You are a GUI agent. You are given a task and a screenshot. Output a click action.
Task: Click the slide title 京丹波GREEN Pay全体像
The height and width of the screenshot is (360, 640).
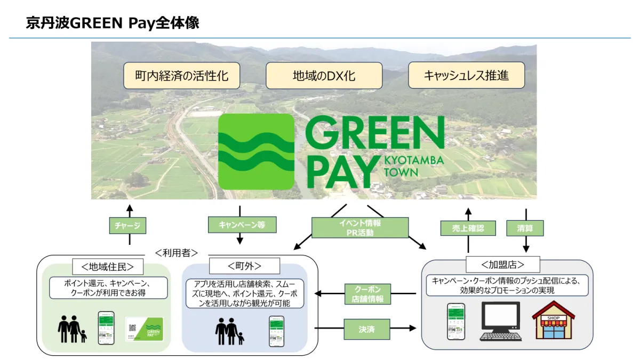(x=113, y=24)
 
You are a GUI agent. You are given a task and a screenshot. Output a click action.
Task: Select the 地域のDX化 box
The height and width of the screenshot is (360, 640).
(x=324, y=76)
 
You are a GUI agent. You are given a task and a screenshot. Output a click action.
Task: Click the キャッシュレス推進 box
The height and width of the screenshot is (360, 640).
(x=466, y=76)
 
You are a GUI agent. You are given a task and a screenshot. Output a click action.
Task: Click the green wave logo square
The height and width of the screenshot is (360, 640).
(x=257, y=151)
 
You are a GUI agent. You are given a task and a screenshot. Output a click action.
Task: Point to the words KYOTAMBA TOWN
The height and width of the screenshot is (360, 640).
(x=413, y=166)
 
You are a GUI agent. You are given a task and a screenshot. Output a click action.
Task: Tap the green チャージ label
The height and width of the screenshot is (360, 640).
(x=128, y=226)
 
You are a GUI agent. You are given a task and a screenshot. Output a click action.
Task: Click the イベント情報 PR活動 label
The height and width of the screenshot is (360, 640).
(x=359, y=228)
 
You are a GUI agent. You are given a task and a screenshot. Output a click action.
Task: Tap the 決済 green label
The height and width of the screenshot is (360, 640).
(x=366, y=329)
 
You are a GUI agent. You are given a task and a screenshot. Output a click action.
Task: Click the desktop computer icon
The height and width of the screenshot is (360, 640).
(x=500, y=321)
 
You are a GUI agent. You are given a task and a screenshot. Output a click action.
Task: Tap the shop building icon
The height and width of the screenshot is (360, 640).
(x=553, y=320)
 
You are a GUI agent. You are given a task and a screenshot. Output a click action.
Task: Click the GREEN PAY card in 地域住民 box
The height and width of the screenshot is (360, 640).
(x=145, y=330)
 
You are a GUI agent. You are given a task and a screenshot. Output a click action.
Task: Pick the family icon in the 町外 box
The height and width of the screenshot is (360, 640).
(x=230, y=331)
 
